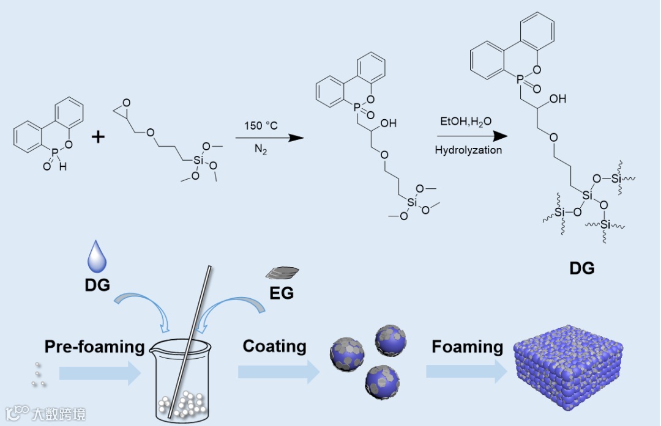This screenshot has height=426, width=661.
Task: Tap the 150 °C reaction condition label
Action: pos(261,125)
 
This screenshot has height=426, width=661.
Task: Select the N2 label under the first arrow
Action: pos(261,149)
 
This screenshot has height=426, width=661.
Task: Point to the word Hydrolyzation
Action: pos(468,150)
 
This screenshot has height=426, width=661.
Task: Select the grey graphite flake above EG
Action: pos(282,272)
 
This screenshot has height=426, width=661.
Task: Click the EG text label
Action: pos(282,293)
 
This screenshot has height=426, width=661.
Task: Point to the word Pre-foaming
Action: pos(94,347)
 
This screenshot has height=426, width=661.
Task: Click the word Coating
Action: pos(274,346)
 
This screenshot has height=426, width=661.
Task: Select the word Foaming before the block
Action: pos(467,347)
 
